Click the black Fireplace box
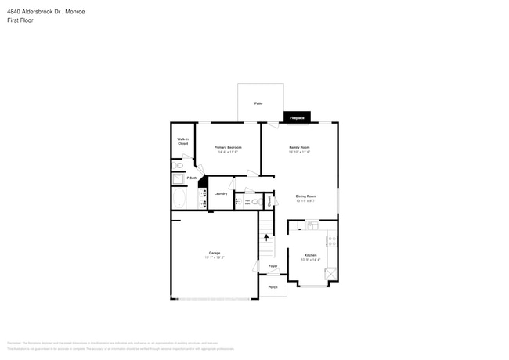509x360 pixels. coord(297,117)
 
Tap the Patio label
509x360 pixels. coord(258,103)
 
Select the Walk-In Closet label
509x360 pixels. coord(182,142)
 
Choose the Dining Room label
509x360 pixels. coord(305,197)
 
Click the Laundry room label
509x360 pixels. coord(220,193)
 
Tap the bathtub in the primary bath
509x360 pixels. coord(179,199)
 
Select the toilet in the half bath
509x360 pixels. coord(255,201)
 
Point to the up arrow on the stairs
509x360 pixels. coord(266,238)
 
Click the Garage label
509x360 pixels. coord(214,254)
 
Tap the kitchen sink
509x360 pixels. coord(311,226)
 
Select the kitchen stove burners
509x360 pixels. coord(332,241)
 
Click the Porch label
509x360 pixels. coord(273,287)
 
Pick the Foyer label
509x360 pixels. coord(273,267)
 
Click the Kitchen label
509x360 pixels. coord(310,256)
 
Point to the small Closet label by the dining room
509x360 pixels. coord(269,201)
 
